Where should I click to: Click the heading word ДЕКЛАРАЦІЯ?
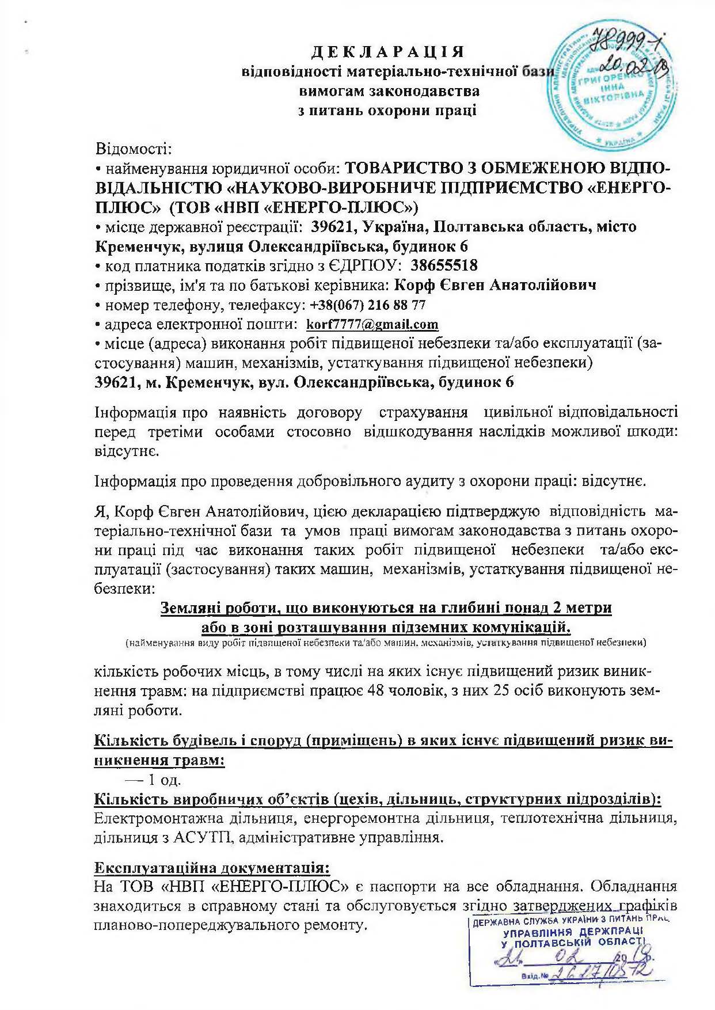[387, 52]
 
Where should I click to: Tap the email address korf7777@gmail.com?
[372, 325]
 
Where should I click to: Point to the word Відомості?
[134, 150]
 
